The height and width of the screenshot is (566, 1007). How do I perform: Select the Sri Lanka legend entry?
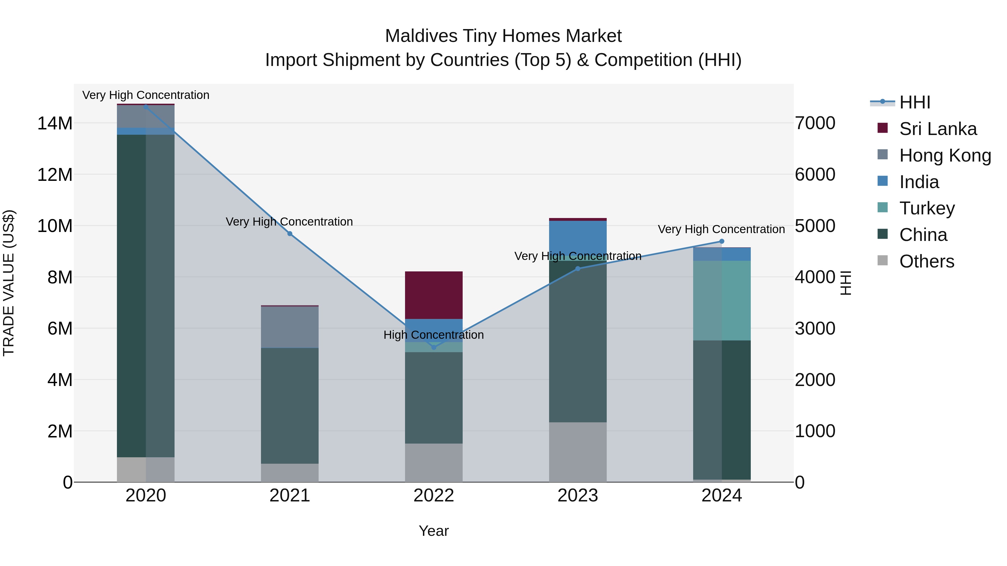tap(937, 129)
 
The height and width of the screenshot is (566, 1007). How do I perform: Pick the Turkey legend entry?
tap(926, 208)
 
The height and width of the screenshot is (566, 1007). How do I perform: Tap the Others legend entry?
tap(926, 261)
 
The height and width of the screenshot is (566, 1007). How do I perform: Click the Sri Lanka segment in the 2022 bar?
tap(434, 295)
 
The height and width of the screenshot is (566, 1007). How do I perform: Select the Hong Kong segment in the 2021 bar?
tap(290, 327)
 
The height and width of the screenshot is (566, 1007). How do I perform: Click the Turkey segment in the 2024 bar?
tap(722, 300)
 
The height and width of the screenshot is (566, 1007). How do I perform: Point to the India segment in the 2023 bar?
tap(578, 236)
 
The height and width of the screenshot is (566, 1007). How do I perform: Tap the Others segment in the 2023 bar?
tap(578, 452)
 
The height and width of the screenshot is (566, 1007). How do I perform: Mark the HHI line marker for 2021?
tap(290, 234)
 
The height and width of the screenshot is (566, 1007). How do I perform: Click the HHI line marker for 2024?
tap(722, 241)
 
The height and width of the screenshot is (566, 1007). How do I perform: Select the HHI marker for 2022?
tap(434, 347)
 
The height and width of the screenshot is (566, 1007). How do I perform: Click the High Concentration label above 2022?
tap(434, 335)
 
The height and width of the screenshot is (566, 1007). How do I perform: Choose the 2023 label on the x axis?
tap(578, 496)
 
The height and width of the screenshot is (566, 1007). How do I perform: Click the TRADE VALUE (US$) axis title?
tap(9, 283)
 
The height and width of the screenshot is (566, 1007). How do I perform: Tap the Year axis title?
tap(434, 531)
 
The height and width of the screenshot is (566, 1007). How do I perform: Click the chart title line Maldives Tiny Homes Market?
tap(503, 36)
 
